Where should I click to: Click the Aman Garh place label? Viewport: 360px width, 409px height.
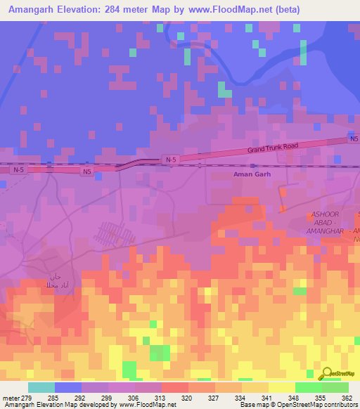point(251,173)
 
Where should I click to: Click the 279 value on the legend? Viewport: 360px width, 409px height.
point(22,398)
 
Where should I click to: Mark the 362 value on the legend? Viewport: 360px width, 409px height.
point(346,398)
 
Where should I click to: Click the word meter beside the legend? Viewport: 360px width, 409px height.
point(9,398)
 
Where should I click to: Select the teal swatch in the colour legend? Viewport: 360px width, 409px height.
point(41,387)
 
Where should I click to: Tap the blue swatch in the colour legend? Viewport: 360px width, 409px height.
point(67,387)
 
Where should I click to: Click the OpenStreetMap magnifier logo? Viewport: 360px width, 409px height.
point(327,374)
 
